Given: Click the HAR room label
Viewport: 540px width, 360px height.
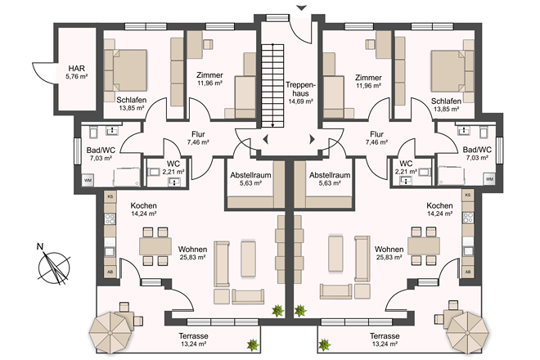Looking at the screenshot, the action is tap(76, 68).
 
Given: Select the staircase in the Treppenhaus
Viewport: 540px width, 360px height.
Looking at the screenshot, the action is tap(272, 86).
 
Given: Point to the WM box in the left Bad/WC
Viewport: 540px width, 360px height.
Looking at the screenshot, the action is tap(88, 180).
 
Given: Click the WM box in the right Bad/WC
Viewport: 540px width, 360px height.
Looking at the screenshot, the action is tap(489, 179).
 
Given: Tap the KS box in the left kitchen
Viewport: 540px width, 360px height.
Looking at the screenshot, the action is tap(110, 196).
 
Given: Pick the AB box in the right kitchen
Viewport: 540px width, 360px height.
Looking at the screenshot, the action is tap(468, 272).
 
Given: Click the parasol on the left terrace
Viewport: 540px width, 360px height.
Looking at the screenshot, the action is tap(110, 333).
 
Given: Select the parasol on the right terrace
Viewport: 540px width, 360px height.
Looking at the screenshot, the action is tap(468, 333).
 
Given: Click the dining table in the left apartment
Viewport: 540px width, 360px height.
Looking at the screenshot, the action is tap(155, 246).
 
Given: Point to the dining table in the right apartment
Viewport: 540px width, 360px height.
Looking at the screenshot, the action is tap(424, 245).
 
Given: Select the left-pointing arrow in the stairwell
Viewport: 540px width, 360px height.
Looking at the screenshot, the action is tap(266, 140).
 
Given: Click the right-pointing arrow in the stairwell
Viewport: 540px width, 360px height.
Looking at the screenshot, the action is tap(312, 139).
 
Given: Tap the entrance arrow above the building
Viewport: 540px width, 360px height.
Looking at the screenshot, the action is tap(302, 7).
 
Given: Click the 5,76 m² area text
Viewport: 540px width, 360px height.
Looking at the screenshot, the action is tap(76, 77).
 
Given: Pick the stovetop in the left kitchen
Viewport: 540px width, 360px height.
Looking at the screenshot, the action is tap(110, 218).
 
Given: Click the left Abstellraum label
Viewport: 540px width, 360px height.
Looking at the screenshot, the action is tap(250, 175).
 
